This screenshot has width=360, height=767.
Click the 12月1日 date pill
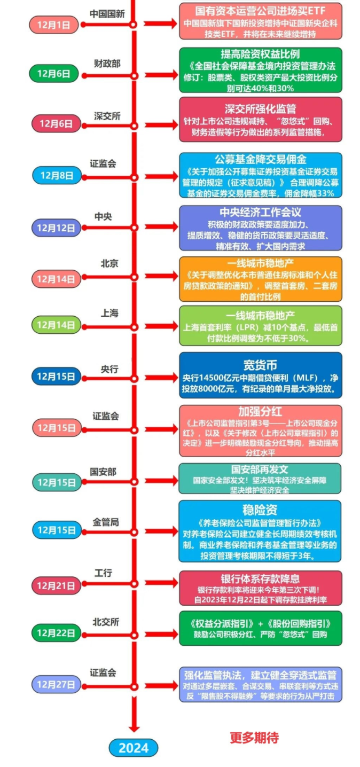(x=54, y=25)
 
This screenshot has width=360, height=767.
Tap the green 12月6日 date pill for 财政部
(x=54, y=73)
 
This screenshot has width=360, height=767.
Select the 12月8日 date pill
(x=57, y=175)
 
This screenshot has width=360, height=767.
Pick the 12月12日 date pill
(x=56, y=228)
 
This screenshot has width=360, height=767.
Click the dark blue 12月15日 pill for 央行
(x=56, y=377)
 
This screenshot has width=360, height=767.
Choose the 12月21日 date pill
(x=56, y=585)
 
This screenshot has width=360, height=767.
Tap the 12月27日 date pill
(x=56, y=684)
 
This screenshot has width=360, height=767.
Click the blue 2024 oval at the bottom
(x=134, y=748)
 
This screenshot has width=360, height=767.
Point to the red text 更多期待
(x=254, y=738)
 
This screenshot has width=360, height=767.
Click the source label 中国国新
(x=107, y=14)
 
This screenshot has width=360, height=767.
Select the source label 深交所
(x=107, y=116)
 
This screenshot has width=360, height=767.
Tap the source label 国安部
(x=103, y=472)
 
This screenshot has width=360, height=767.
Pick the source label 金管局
(x=106, y=522)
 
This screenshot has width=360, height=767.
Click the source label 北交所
(x=106, y=622)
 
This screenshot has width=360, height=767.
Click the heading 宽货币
(x=260, y=365)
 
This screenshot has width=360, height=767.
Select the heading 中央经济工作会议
(x=260, y=212)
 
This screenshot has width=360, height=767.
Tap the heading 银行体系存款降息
(x=260, y=578)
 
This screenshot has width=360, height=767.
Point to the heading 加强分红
(x=260, y=411)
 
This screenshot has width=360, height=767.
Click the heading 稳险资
(x=260, y=510)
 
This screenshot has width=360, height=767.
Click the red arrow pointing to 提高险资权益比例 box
(x=161, y=75)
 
